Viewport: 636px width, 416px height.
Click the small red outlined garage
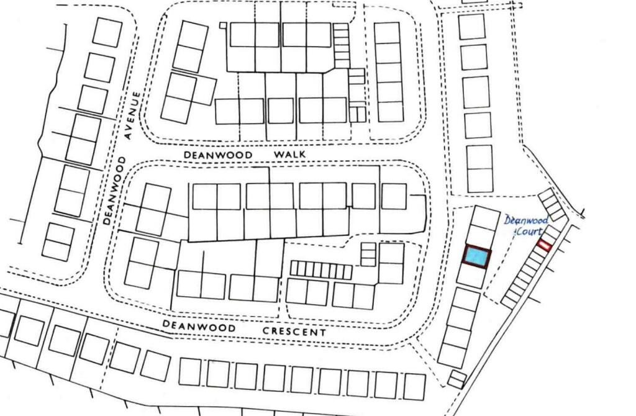pos(544,245)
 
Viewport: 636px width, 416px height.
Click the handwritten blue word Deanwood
pos(525,220)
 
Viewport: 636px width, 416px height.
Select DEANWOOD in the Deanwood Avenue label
pos(114,191)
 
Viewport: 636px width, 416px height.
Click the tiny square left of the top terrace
pos(223,25)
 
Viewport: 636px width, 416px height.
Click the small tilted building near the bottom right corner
pos(457,379)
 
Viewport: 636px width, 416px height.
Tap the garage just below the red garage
pos(538,254)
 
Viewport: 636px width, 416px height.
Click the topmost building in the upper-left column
pos(107,32)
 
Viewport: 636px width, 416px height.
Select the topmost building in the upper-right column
pos(471,27)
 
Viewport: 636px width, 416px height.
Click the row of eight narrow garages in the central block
pos(321,270)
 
